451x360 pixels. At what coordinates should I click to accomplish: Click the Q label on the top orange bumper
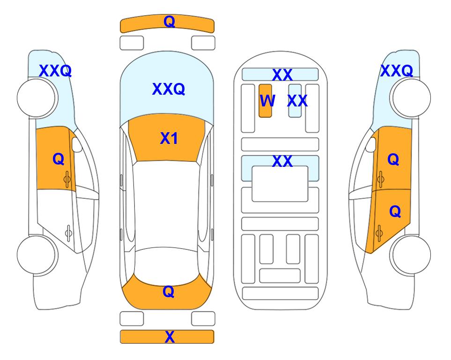pos(169,22)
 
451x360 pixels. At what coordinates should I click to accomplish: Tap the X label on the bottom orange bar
pos(170,337)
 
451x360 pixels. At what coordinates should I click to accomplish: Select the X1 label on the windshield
pos(169,138)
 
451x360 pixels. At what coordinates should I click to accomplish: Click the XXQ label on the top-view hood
pos(169,89)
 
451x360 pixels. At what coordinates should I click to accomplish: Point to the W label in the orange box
pos(267,101)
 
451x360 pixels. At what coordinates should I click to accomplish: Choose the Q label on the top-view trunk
pos(169,292)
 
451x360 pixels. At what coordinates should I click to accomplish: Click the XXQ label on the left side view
pos(55,71)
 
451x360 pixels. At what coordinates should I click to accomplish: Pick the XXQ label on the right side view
pos(397,71)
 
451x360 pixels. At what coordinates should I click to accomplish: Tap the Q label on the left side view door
pos(59,159)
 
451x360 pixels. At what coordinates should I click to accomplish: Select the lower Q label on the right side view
pos(395,212)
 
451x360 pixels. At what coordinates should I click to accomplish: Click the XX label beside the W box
pos(297,101)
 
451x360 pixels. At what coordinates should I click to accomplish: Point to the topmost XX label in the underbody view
pos(282,75)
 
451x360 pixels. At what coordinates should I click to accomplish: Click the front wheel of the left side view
pos(36,98)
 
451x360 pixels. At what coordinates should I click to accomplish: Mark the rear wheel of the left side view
pos(36,255)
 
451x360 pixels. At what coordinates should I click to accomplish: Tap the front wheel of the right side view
pos(412,98)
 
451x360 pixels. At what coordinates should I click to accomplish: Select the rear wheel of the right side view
pos(412,255)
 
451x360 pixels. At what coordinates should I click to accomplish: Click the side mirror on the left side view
pos(77,144)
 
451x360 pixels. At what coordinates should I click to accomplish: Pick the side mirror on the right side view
pos(371,144)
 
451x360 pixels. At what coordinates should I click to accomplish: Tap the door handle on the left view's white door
pos(68,232)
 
